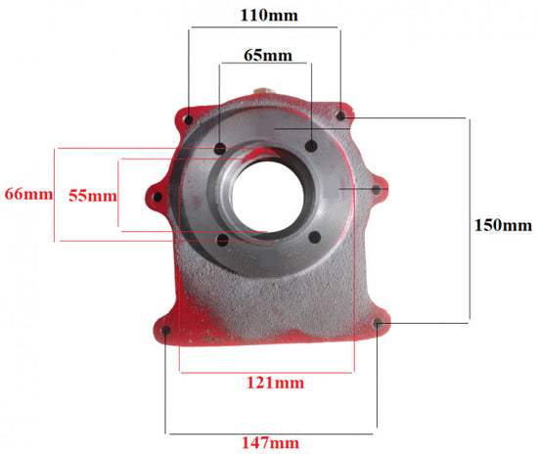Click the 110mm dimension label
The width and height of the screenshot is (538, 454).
269,16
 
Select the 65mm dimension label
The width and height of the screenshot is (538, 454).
268,55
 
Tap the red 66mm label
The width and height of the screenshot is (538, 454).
28,194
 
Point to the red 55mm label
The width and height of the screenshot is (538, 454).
93,196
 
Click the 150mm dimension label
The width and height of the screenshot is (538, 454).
503,225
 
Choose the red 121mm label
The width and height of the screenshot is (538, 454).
275,383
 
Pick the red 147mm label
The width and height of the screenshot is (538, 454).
270,443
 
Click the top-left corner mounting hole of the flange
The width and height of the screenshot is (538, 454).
189,119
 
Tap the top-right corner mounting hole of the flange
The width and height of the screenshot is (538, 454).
340,116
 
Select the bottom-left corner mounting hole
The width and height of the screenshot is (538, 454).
166,331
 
